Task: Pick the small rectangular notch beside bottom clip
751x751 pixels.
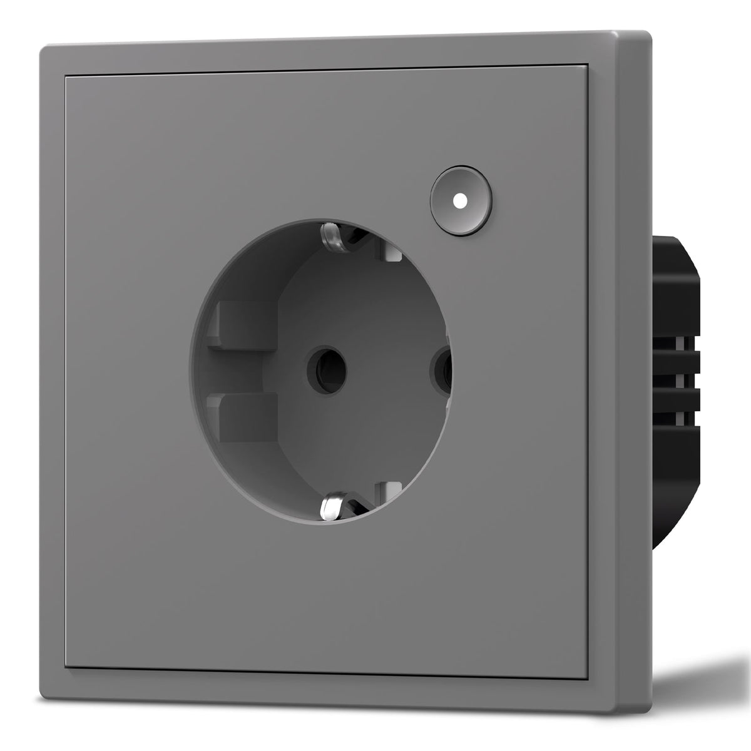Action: click(x=392, y=489)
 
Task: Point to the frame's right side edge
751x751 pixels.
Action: click(x=632, y=375)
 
